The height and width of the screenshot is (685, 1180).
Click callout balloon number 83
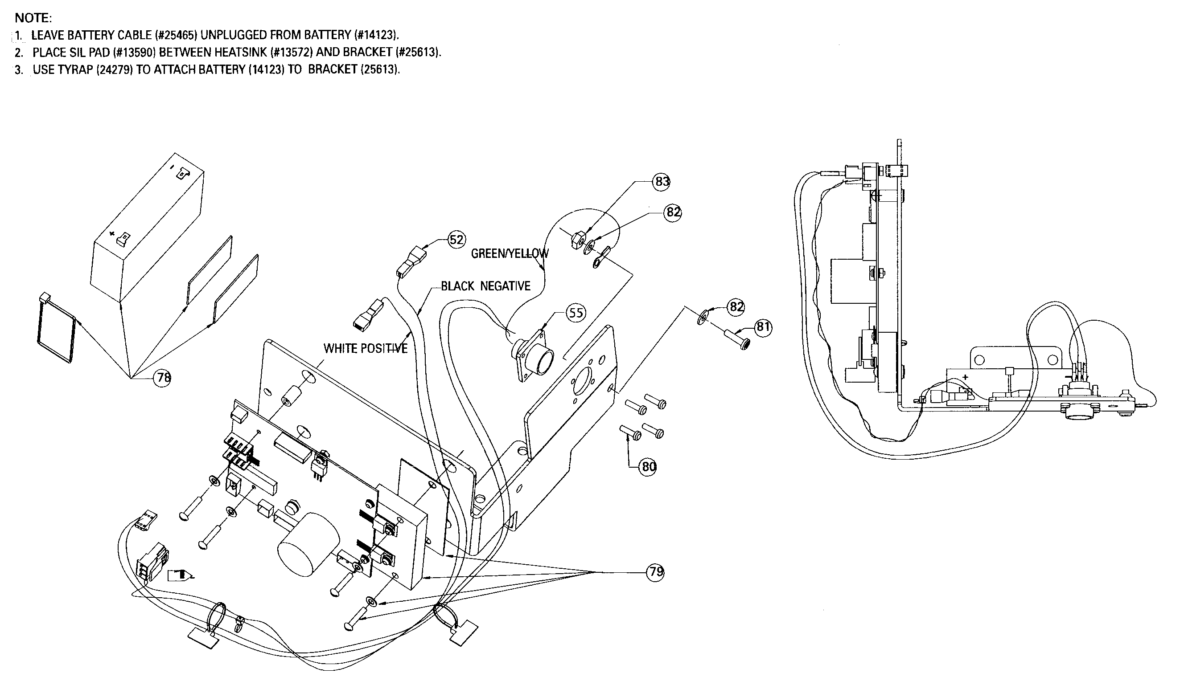click(x=661, y=182)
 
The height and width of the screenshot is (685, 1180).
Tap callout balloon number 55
click(x=576, y=313)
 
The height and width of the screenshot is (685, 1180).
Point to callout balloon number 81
click(x=763, y=326)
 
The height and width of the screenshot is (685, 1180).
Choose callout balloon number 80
click(x=649, y=466)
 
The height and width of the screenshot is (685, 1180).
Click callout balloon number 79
click(x=656, y=572)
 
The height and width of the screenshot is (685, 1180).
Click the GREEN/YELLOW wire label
click(x=510, y=253)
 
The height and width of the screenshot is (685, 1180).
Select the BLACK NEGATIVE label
click(x=485, y=286)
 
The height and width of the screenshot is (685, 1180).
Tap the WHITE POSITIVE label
click(x=365, y=348)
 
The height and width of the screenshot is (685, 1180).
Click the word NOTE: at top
click(x=33, y=18)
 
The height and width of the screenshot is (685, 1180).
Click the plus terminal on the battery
click(x=123, y=239)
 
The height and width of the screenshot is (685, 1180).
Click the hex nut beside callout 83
click(x=576, y=241)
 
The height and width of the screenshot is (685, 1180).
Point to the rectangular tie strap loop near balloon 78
click(x=56, y=330)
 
